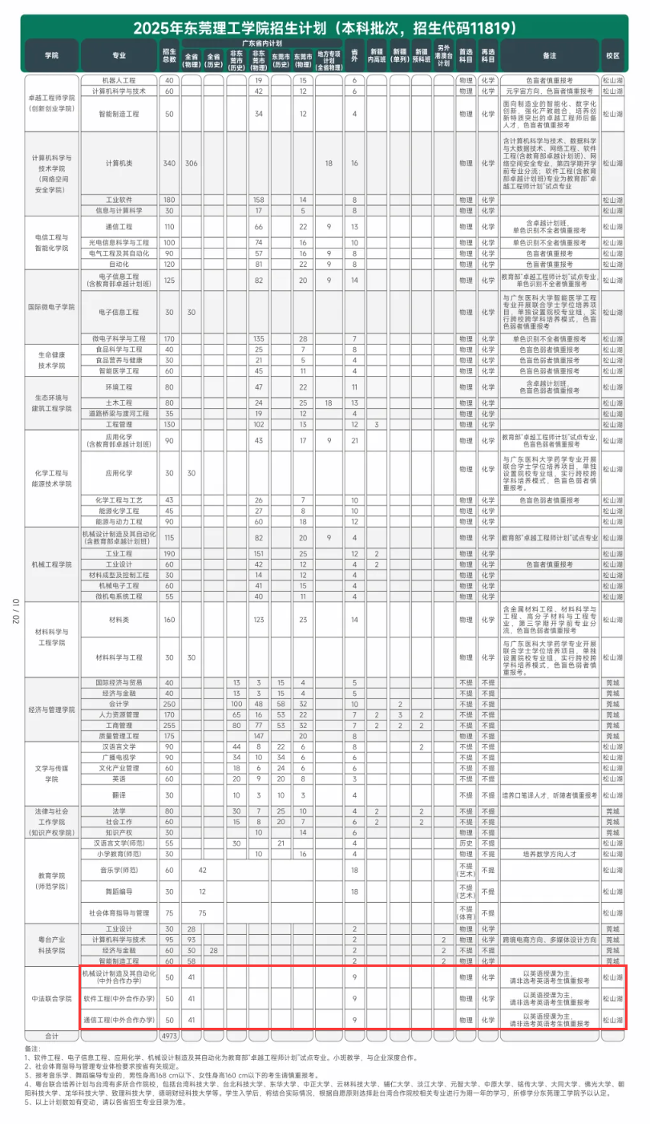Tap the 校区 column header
(613, 55)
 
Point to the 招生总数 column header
(169, 55)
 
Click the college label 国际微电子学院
(51, 307)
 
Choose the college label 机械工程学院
(51, 564)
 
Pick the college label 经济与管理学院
(51, 710)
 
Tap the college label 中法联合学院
(51, 999)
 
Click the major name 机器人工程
(119, 81)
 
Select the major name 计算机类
(119, 163)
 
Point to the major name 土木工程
(119, 402)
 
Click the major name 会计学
(119, 704)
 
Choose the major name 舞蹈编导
(119, 892)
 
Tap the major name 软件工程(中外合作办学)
(119, 999)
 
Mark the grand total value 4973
(169, 1035)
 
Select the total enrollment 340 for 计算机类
(169, 163)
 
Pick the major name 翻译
(119, 795)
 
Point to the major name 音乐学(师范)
(119, 870)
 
